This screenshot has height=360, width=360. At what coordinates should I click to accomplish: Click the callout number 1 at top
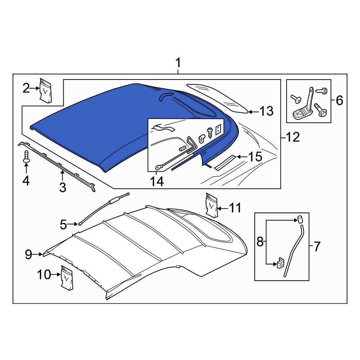point(177,64)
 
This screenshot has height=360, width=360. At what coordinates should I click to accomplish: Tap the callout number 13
point(267,112)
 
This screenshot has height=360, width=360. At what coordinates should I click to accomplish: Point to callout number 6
point(339,101)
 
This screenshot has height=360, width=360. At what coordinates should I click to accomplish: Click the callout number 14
point(157,181)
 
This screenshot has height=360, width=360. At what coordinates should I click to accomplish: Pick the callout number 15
point(255,157)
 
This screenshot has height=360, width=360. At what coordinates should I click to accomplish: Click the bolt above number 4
point(26,157)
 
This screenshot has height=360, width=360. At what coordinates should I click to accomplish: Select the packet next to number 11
point(212,205)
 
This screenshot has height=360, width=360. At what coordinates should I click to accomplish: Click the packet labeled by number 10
point(67,278)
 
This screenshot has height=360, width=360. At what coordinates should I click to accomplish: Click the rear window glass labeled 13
point(216,98)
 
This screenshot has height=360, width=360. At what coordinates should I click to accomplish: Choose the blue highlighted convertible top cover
point(108,122)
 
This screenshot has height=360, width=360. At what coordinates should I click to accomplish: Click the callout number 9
point(29,255)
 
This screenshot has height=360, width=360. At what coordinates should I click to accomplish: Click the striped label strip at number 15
point(224,163)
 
